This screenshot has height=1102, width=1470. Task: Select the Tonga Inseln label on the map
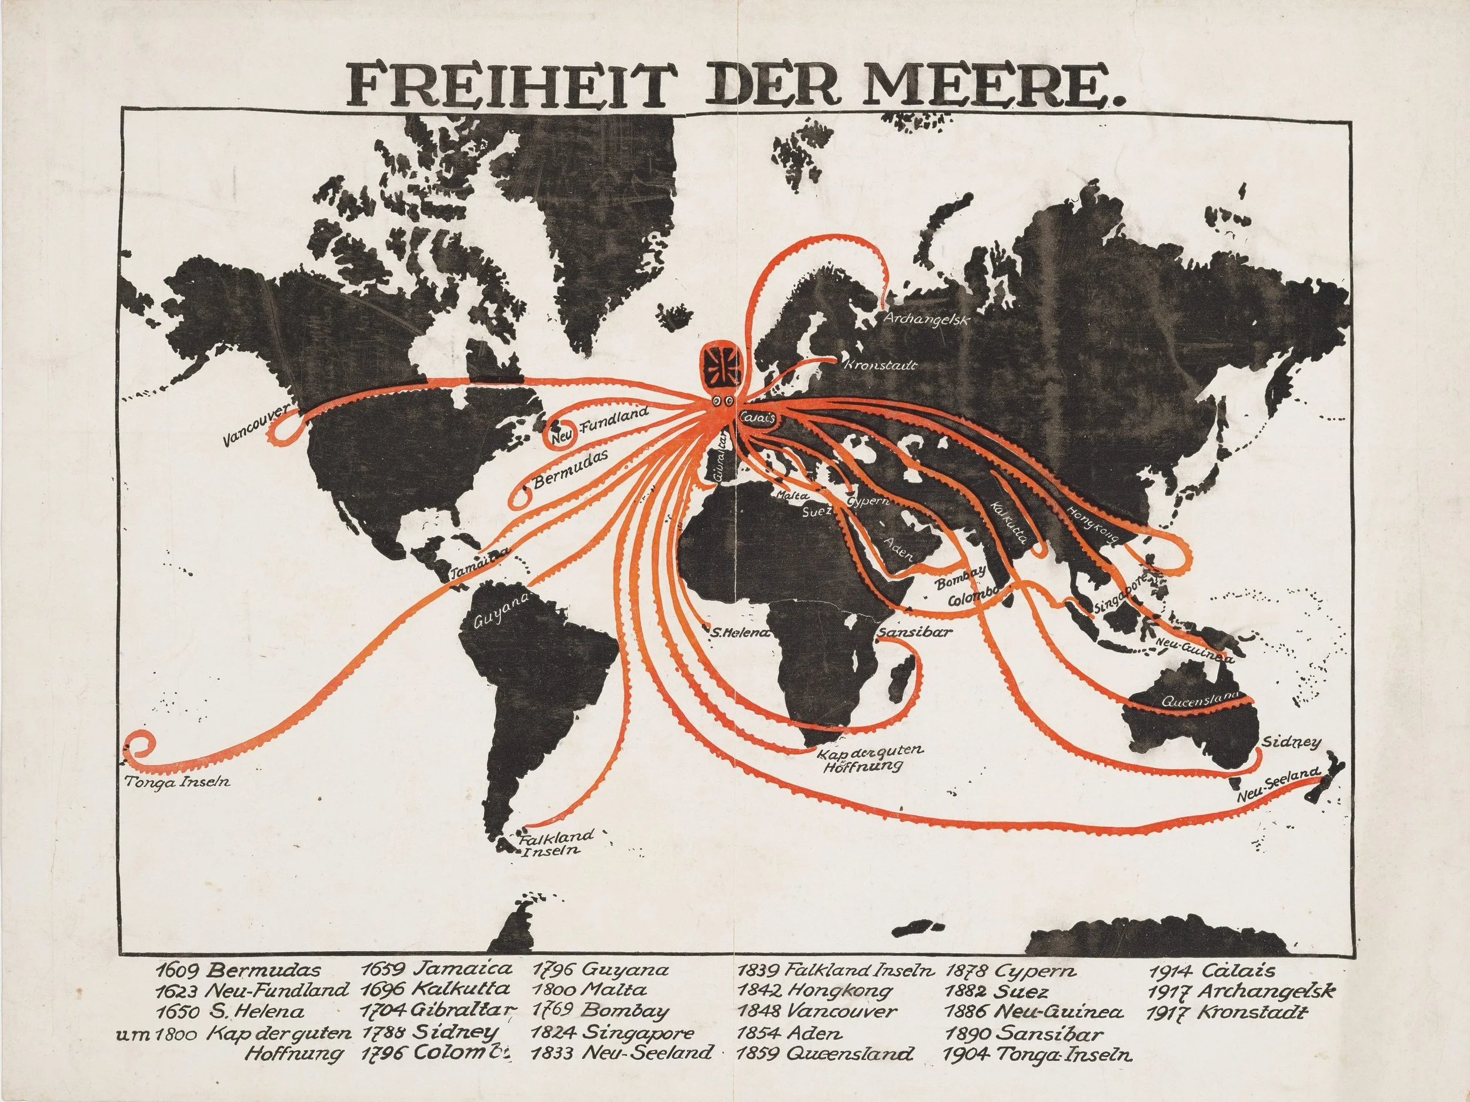[x=178, y=782]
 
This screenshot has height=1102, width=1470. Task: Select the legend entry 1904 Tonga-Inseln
[x=1037, y=1054]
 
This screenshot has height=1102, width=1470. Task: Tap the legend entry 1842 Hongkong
[x=814, y=991]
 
